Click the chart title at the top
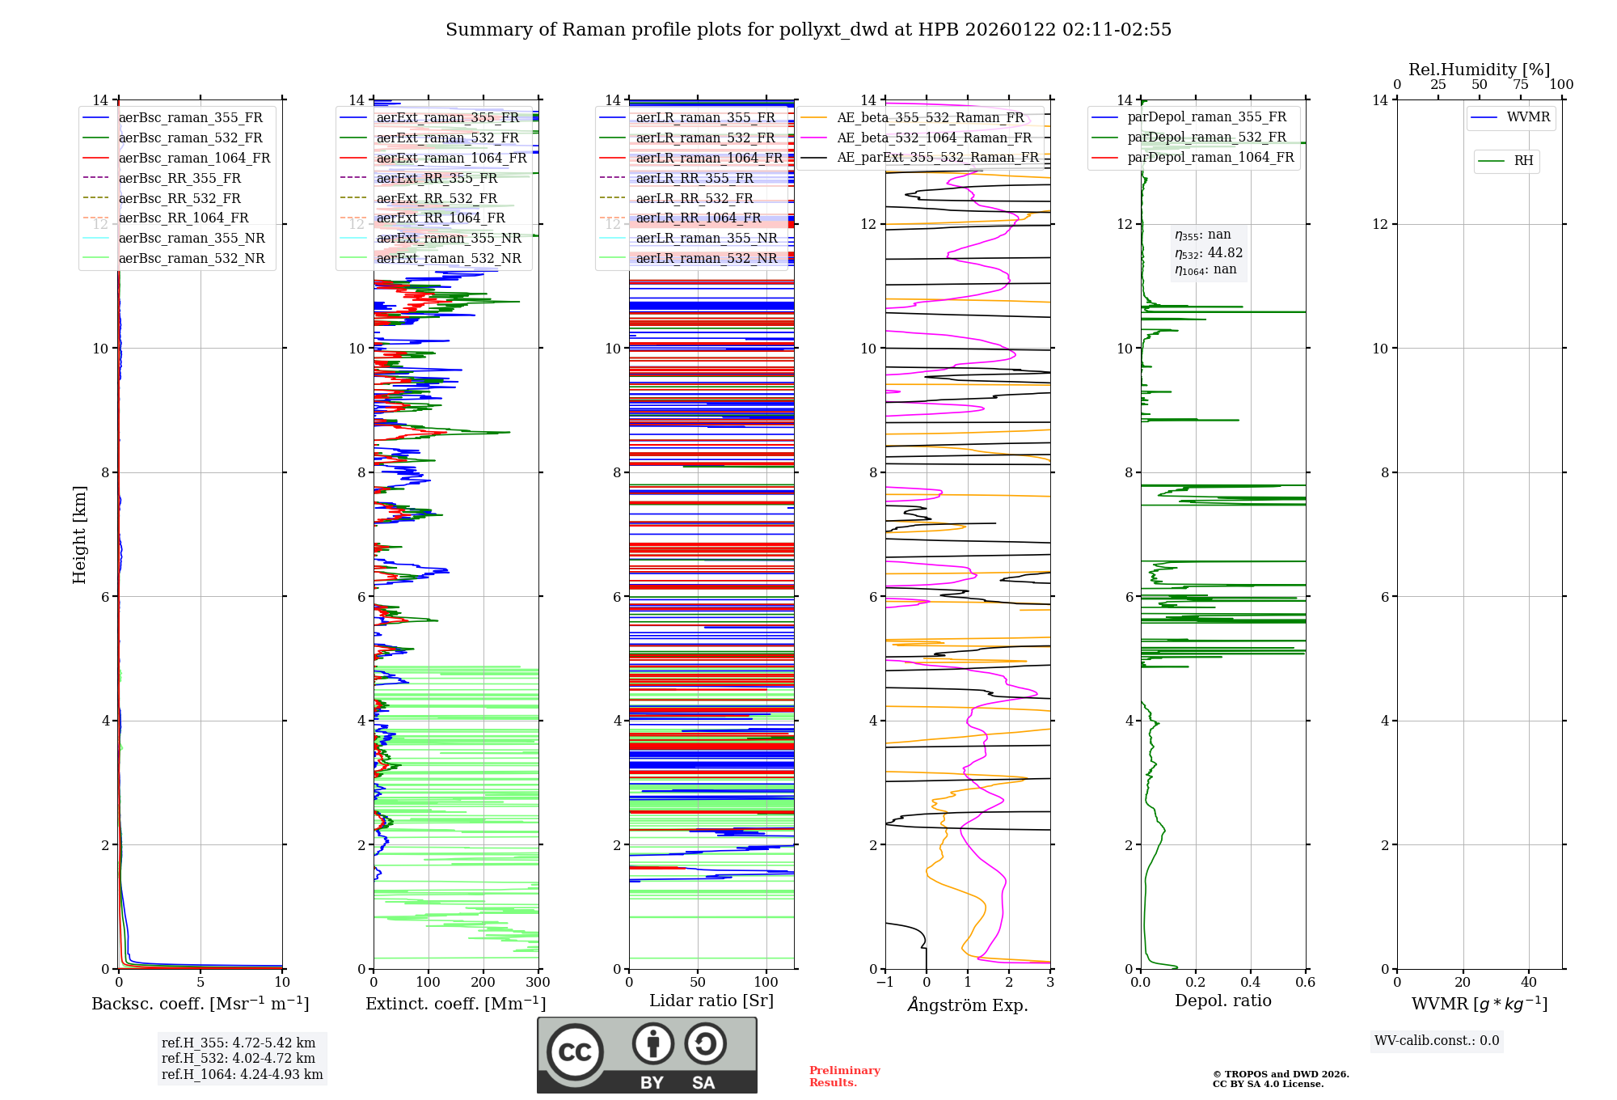(808, 30)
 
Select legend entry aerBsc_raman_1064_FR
(194, 159)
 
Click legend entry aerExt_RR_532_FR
(437, 198)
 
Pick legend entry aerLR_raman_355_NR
(706, 239)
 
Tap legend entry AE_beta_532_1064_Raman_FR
(934, 138)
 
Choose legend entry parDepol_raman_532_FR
(1206, 137)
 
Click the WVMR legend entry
(1528, 117)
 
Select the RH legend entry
(1523, 161)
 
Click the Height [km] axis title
(79, 534)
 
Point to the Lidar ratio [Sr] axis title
(711, 1001)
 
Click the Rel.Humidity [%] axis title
(1479, 70)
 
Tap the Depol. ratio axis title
(1222, 1001)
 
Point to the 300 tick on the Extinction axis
(538, 983)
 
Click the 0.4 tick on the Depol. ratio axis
(1250, 983)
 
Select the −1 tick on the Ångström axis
(884, 983)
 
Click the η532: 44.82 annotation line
(1209, 253)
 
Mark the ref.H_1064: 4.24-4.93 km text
(242, 1075)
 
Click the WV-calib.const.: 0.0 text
(1437, 1041)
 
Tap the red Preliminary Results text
(844, 1077)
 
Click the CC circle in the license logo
(575, 1052)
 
